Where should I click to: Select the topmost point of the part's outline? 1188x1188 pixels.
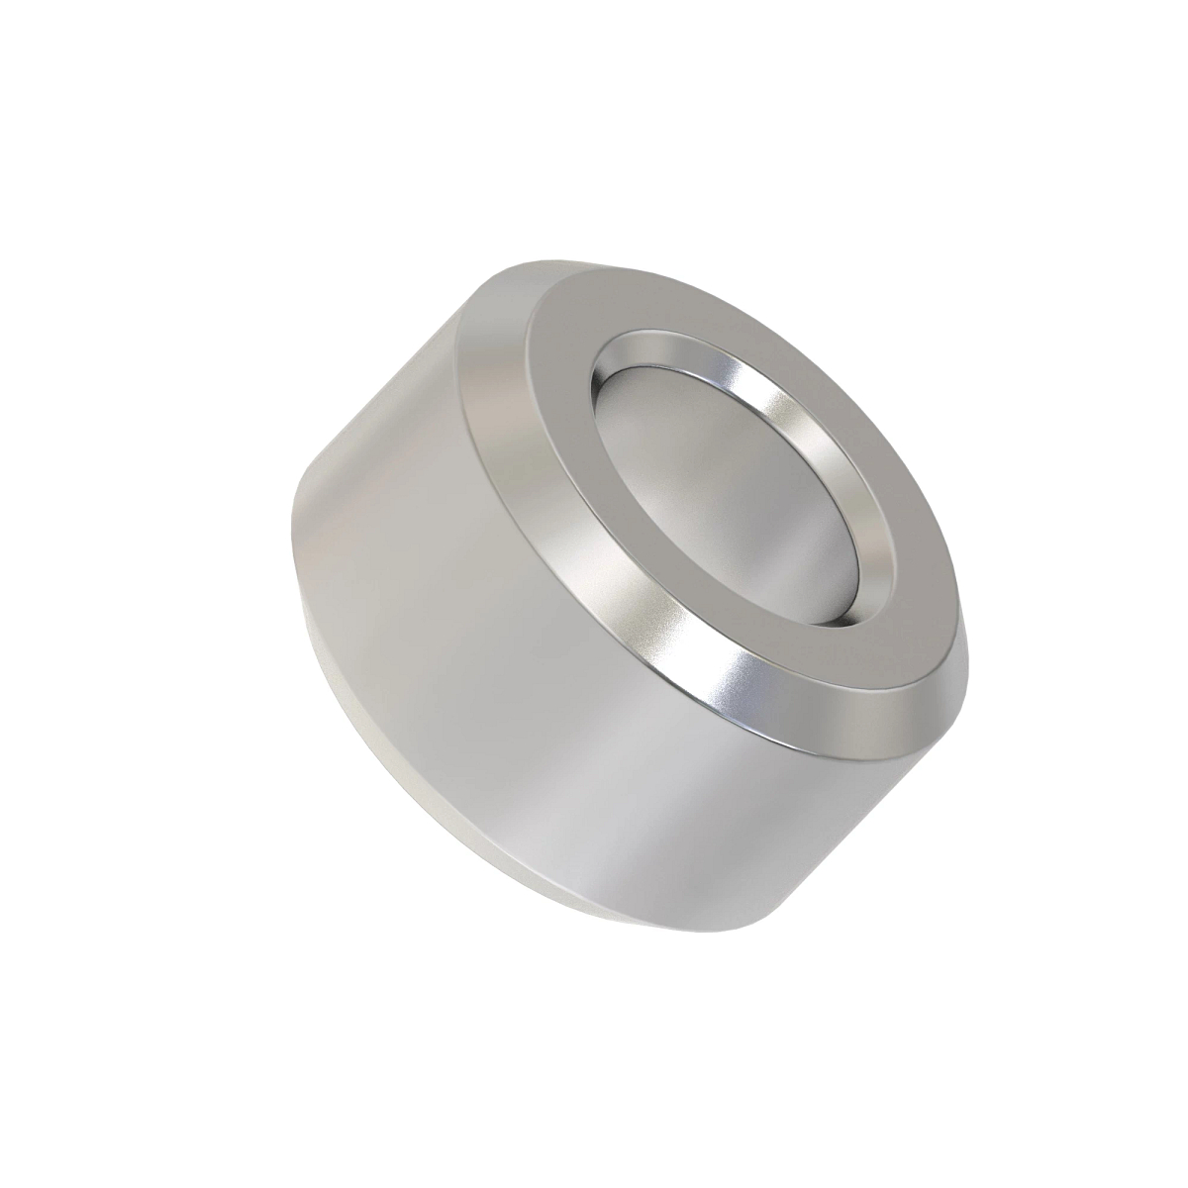pos(554,259)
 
